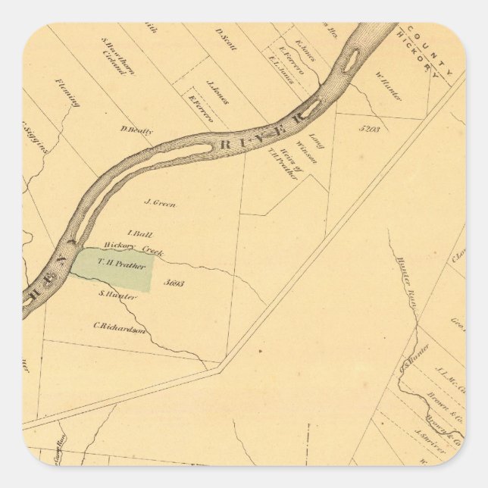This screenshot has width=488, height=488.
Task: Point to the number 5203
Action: pos(371,129)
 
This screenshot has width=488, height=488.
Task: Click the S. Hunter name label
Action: pos(118,296)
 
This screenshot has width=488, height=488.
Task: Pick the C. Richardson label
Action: pos(119,327)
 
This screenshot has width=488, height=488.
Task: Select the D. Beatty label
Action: pos(136,130)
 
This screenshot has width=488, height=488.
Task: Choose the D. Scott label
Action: pos(226,39)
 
